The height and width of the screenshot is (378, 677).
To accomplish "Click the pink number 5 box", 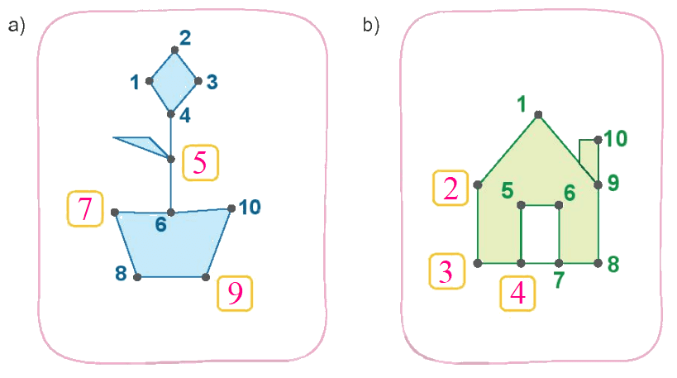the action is [200, 162].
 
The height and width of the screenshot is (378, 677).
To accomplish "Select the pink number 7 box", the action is [85, 208].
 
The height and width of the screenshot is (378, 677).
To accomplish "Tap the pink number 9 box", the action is [235, 294].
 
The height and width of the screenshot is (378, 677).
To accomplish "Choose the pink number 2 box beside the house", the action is [451, 188].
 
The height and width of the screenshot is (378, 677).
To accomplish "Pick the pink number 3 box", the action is [447, 271].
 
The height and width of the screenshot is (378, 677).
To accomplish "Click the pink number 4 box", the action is [517, 294].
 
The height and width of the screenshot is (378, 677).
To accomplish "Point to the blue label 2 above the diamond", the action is [185, 38].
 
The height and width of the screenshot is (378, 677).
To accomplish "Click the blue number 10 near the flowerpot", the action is [250, 208].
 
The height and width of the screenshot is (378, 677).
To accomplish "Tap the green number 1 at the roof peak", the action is [522, 104].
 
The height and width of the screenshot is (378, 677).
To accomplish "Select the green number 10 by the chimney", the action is [615, 139].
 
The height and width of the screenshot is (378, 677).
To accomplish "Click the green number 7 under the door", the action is [559, 280].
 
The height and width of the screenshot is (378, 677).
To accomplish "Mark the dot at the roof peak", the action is [538, 114].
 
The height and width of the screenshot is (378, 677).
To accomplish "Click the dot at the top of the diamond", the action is [174, 50].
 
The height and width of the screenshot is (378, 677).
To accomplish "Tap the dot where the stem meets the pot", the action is [171, 212].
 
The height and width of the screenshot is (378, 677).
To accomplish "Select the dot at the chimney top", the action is [598, 140].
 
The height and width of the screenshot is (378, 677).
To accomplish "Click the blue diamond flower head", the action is [173, 82].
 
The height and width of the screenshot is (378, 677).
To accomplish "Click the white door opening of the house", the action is [540, 234].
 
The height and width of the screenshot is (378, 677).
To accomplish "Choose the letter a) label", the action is [17, 26].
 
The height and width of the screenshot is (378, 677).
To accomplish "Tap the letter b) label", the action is [371, 25].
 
